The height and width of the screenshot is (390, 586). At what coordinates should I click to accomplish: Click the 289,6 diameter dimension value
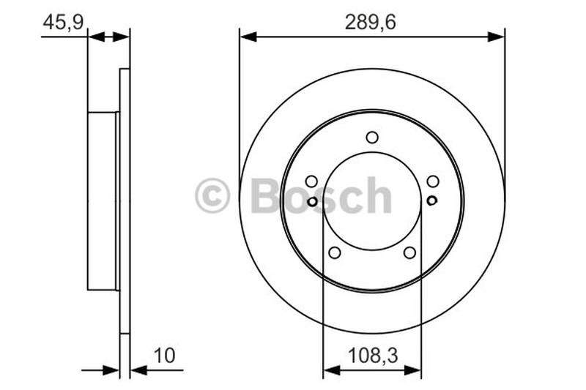[371, 22]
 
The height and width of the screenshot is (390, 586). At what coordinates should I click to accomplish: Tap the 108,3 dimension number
[371, 356]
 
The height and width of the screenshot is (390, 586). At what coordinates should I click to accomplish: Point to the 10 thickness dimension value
[165, 356]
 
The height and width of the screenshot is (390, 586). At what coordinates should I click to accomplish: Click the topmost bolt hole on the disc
[372, 137]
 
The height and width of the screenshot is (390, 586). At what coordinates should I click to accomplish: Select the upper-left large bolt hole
[311, 181]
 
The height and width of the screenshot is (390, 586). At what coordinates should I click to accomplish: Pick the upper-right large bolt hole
[433, 181]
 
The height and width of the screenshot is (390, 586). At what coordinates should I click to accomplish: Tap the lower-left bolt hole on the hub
[335, 252]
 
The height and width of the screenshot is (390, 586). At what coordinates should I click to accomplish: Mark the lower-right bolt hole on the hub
[409, 252]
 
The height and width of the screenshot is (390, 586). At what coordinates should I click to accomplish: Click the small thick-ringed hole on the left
[313, 201]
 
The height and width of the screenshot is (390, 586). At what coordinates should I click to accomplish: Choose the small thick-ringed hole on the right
[431, 200]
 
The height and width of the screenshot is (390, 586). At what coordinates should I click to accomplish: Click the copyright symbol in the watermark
[212, 196]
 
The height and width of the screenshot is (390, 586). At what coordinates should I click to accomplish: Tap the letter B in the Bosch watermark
[265, 195]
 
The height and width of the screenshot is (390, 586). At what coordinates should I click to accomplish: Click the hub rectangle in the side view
[103, 201]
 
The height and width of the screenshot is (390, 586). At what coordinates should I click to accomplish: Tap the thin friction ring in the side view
[125, 201]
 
